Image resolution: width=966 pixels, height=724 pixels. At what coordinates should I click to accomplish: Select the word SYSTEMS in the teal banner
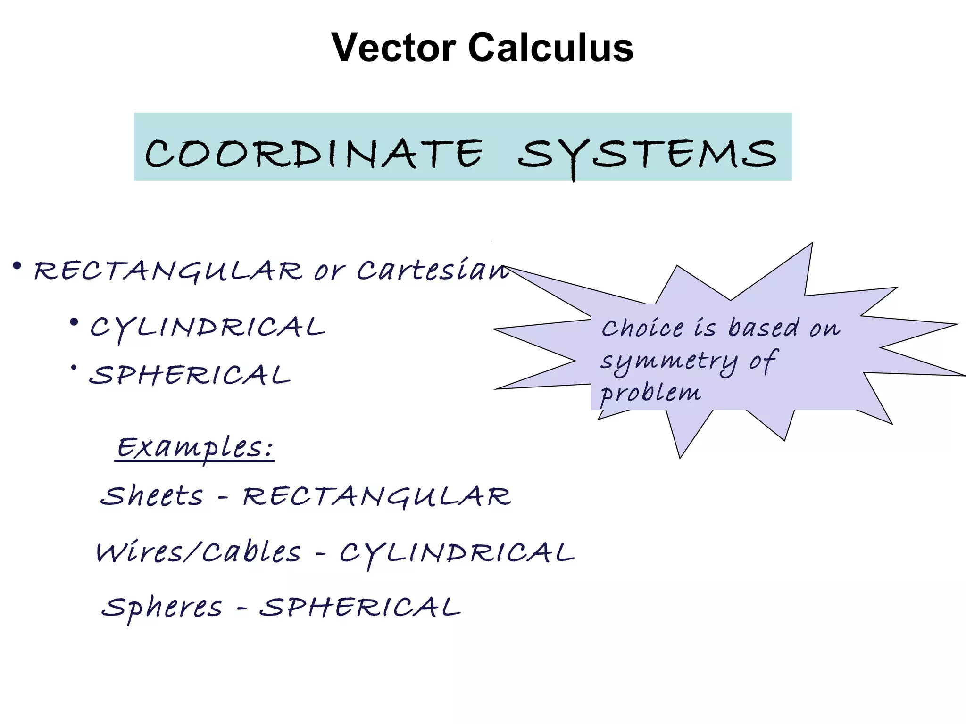pyautogui.click(x=647, y=155)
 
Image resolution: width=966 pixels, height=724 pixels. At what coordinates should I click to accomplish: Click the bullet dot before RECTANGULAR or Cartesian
pyautogui.click(x=17, y=267)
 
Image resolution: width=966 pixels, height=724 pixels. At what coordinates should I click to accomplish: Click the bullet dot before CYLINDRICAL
pyautogui.click(x=74, y=323)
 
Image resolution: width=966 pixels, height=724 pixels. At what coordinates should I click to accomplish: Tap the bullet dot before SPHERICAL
pyautogui.click(x=74, y=368)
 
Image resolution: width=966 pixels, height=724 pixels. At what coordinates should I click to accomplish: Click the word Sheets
pyautogui.click(x=152, y=496)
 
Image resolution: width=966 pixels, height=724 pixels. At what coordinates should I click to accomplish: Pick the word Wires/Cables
pyautogui.click(x=198, y=552)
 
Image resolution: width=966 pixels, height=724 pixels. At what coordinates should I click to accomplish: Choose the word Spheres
pyautogui.click(x=162, y=607)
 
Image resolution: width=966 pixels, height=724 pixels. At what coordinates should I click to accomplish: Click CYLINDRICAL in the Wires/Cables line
pyautogui.click(x=457, y=553)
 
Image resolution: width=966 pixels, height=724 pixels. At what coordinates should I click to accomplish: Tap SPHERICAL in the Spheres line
pyautogui.click(x=360, y=607)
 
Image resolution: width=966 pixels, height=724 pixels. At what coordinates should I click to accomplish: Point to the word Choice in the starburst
pyautogui.click(x=642, y=328)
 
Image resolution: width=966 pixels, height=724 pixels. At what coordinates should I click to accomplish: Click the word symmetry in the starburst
pyautogui.click(x=668, y=362)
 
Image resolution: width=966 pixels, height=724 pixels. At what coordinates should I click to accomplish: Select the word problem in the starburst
pyautogui.click(x=650, y=393)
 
